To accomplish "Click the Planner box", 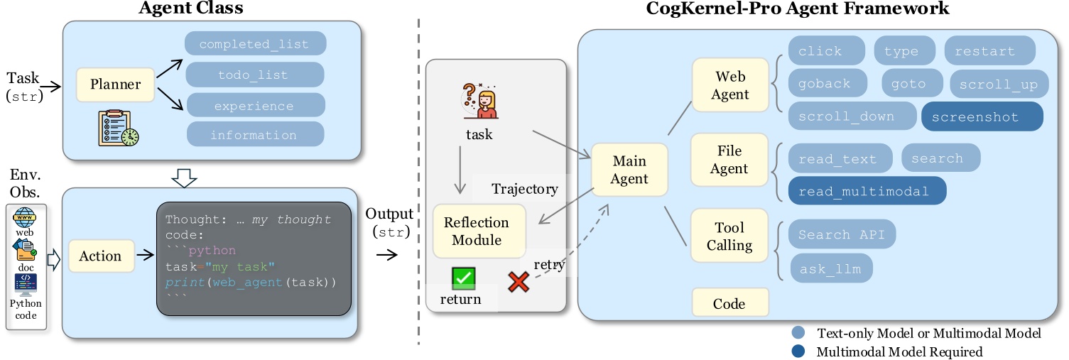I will click(x=115, y=84).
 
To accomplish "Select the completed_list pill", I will click(x=255, y=44).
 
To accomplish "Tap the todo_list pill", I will click(x=254, y=75).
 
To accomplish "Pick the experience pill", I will click(x=254, y=106).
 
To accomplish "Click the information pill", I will click(x=254, y=134).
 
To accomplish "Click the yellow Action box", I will click(x=99, y=256).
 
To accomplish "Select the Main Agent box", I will click(x=629, y=170).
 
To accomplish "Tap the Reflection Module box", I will click(x=477, y=231).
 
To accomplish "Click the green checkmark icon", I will click(x=462, y=278).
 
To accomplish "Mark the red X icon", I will click(x=519, y=282).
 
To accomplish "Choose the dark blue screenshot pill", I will click(x=982, y=117).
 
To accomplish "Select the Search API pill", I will click(x=842, y=234).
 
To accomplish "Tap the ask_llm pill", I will click(x=831, y=269).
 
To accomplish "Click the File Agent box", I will click(x=729, y=160).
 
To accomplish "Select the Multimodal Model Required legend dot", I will click(x=798, y=351).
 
